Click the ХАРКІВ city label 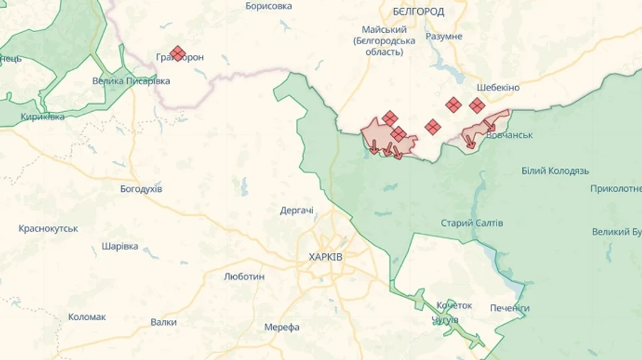[325, 257]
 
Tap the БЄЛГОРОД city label [418, 11]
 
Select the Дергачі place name [297, 210]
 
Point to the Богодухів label [141, 189]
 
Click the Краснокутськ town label [49, 228]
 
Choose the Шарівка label [120, 246]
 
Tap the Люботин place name [244, 276]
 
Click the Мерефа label [282, 326]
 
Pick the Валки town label [163, 322]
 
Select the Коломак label [87, 317]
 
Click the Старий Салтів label [472, 223]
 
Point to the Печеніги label [510, 308]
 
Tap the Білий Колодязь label [555, 171]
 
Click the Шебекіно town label [494, 88]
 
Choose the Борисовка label [268, 6]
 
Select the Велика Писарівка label [131, 81]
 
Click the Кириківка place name [42, 116]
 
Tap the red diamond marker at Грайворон [178, 53]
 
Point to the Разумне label [444, 36]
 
